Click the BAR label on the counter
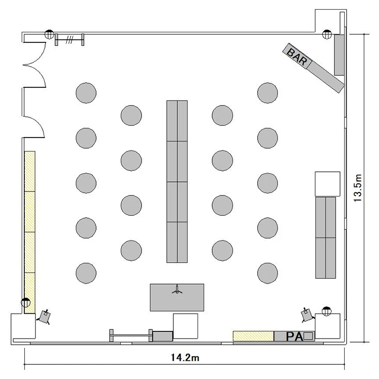297,57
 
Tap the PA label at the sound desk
295,337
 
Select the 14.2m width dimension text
185,357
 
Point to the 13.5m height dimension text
357,188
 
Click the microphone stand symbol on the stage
177,290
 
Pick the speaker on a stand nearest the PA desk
307,315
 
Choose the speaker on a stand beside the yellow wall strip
44,317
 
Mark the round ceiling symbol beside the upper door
50,34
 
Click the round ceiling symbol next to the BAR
327,34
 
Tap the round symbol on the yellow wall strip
26,302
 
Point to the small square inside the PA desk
308,336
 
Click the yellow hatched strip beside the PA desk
253,336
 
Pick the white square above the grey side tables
327,184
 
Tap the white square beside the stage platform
185,326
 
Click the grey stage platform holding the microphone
177,298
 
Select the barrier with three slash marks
70,39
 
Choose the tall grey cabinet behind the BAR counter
339,55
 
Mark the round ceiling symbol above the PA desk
327,311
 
